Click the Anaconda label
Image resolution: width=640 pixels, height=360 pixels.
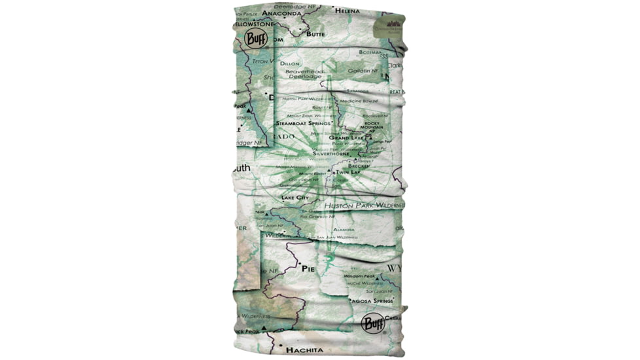pyautogui.click(x=282, y=12)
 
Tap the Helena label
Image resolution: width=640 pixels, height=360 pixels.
pyautogui.click(x=347, y=10)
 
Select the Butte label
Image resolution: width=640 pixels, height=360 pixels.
pyautogui.click(x=315, y=33)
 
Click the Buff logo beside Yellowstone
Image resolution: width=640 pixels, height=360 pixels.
pyautogui.click(x=256, y=37)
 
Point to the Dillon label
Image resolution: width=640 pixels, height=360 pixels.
pyautogui.click(x=290, y=63)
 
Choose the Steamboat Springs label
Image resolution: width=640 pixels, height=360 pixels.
pyautogui.click(x=302, y=123)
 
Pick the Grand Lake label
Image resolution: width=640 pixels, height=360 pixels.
pyautogui.click(x=346, y=138)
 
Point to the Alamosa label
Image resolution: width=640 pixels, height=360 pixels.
pyautogui.click(x=344, y=230)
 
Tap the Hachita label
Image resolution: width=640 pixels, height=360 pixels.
pyautogui.click(x=304, y=351)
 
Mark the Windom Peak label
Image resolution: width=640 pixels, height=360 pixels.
pyautogui.click(x=359, y=276)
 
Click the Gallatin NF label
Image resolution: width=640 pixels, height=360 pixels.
pyautogui.click(x=363, y=70)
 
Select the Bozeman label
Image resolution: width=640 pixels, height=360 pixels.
pyautogui.click(x=370, y=52)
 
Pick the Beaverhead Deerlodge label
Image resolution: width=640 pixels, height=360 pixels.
pyautogui.click(x=303, y=73)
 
